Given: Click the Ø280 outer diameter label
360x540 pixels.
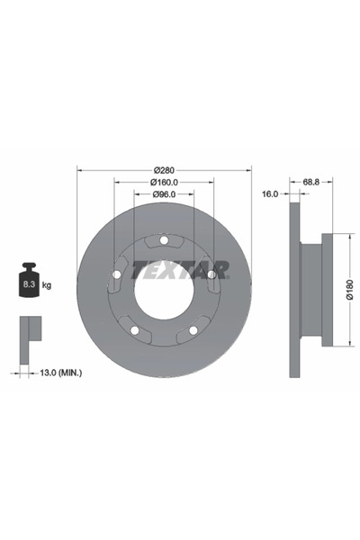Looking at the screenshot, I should [164, 170].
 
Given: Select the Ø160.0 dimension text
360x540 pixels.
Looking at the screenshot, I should [164, 182].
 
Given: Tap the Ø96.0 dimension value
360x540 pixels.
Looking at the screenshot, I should [163, 194].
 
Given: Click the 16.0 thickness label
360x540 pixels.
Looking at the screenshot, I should [268, 194].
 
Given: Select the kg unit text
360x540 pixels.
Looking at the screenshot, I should [47, 285].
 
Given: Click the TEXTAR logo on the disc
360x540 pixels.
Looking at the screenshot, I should [180, 269].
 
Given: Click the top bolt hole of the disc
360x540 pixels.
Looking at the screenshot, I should [163, 240].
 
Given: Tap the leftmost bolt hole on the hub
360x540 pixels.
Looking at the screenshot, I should [115, 274].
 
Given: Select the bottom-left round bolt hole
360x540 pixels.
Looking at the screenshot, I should [134, 330].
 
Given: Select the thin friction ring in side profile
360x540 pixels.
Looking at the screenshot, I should [293, 290].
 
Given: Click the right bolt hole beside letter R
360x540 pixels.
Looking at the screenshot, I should [211, 274].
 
